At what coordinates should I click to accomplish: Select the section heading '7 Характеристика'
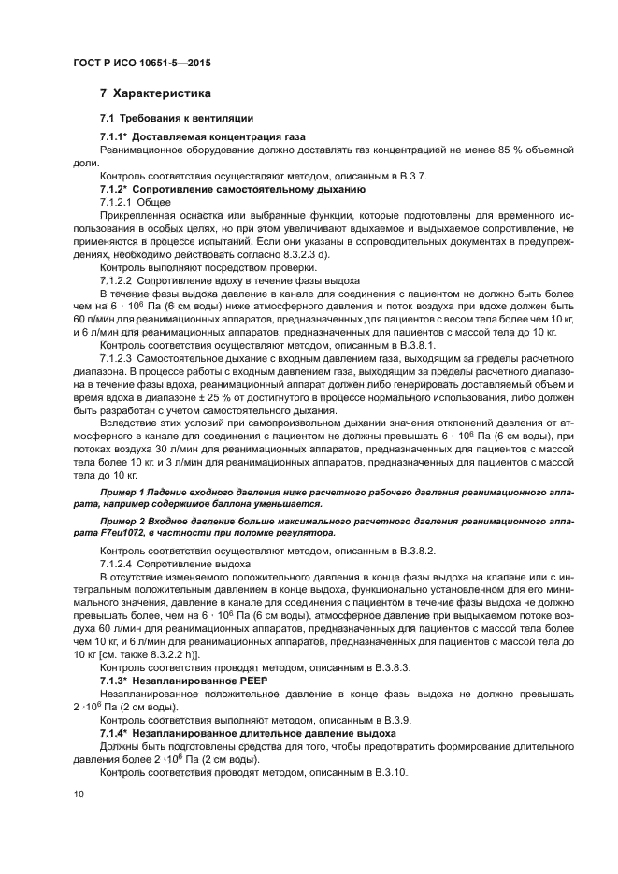pos(154,93)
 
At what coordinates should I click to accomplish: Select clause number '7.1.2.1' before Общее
pos(116,202)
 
